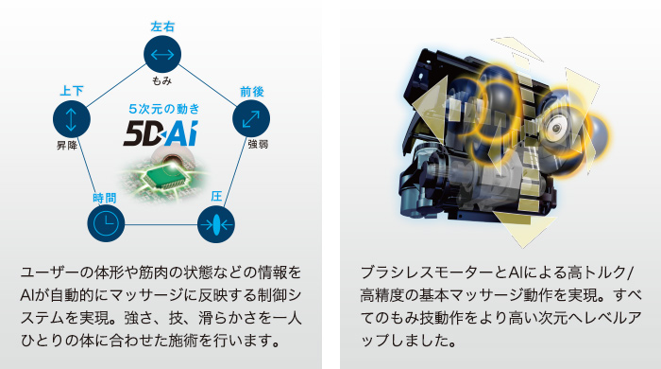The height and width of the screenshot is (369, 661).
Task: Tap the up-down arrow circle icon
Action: coord(72,118)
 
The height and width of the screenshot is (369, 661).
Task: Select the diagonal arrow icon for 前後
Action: coord(252,118)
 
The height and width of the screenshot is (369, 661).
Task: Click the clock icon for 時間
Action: coord(106,223)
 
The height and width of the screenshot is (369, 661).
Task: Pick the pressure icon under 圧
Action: coord(216,224)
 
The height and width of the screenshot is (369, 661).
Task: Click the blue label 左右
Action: coord(162,26)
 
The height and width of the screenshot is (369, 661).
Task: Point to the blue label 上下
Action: coord(72,90)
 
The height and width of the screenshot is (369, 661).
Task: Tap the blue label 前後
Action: coord(252,91)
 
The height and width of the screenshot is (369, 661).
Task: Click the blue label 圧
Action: coord(216,197)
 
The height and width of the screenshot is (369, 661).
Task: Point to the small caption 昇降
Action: coord(67,146)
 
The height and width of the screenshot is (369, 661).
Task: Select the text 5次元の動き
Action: coord(162,110)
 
